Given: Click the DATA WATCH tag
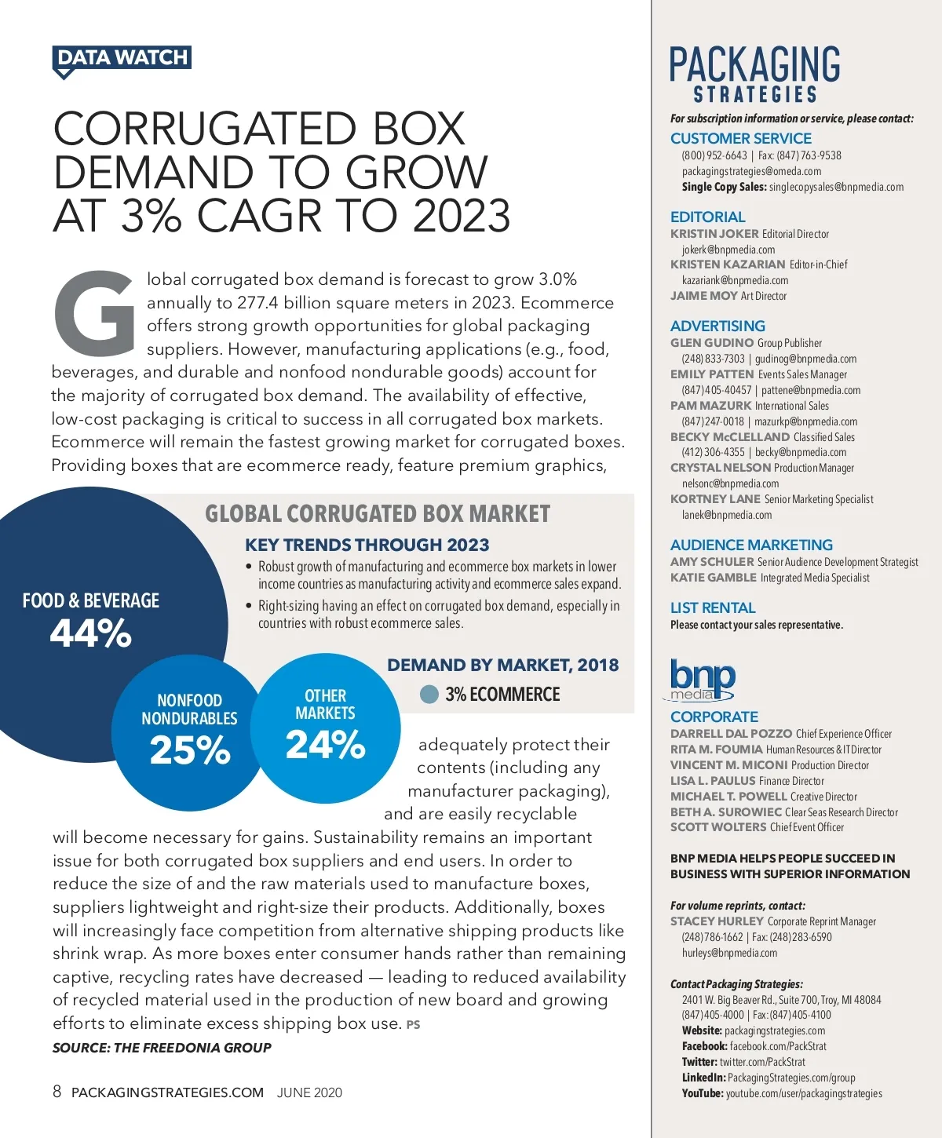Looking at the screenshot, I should point(122,58).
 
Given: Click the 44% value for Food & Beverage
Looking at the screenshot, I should point(90,633).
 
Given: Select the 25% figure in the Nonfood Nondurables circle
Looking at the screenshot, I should point(189,750).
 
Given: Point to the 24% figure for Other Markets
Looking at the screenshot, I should point(325,745).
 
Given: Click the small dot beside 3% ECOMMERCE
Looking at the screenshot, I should point(429,695).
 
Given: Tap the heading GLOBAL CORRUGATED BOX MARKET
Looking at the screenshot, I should point(378,514).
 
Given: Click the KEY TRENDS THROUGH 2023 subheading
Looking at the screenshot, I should point(367,545).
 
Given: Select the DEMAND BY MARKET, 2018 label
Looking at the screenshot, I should point(502,665).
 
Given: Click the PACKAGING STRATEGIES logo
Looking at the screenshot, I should point(754,74).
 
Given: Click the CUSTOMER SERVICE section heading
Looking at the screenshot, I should point(740,138).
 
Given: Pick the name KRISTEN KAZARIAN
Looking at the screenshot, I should point(727,264).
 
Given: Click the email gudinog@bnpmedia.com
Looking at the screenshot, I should point(805,359).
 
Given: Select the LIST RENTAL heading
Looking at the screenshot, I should point(713,607).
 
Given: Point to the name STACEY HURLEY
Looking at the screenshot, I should point(717,921).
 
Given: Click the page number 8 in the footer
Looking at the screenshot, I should point(57,1092).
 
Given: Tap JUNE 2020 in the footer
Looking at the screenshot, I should point(309,1092).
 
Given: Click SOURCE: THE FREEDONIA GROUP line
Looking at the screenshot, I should point(162,1048).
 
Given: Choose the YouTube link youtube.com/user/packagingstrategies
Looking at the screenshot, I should point(804,1093).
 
